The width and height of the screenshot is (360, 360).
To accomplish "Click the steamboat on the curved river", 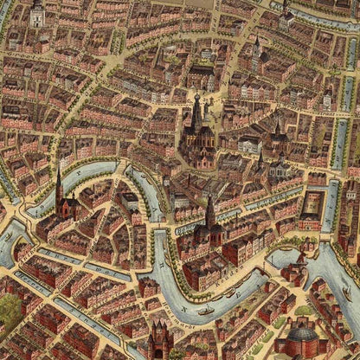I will point(206,309).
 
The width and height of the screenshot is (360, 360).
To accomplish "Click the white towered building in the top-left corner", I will point(36,12).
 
